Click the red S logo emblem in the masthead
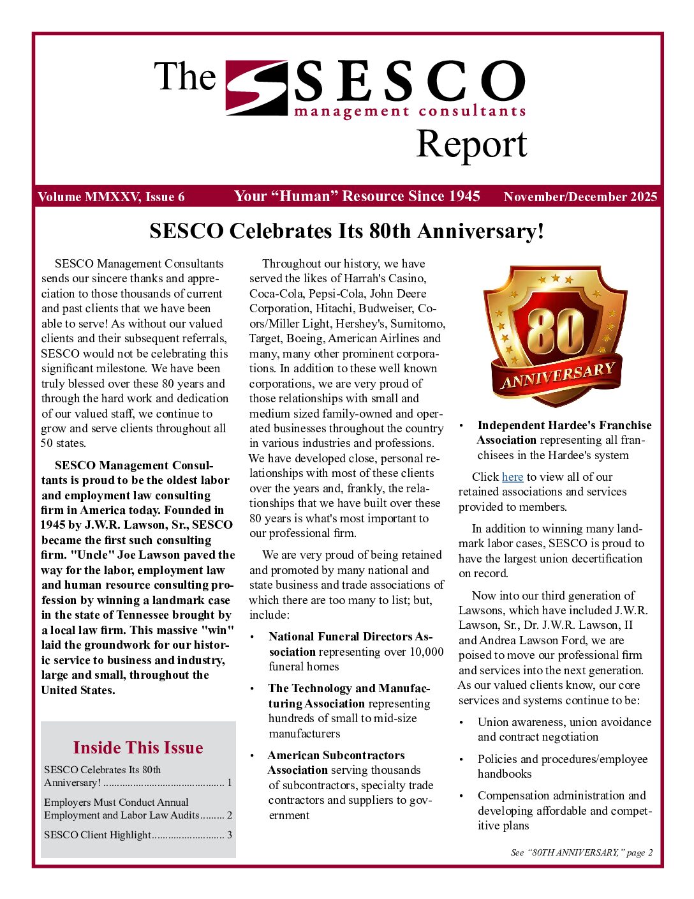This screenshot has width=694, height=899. (256, 87)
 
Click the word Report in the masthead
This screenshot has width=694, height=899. (471, 144)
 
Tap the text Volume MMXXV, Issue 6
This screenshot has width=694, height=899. (111, 197)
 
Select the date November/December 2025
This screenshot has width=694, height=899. (580, 197)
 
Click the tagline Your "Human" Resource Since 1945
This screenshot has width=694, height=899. (357, 196)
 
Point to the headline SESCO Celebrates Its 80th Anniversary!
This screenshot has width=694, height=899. (347, 230)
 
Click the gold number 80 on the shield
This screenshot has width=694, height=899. (555, 331)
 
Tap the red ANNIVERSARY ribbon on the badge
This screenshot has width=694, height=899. (557, 375)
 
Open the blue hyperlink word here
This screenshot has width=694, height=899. (512, 477)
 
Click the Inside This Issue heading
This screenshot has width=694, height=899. (138, 748)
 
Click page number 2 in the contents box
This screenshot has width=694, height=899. (230, 815)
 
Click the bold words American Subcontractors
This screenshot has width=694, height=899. (336, 755)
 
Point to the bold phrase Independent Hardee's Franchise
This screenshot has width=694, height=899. (564, 425)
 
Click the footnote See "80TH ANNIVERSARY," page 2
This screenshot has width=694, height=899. (581, 852)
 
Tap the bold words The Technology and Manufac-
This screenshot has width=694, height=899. (349, 688)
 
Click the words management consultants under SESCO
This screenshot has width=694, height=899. (410, 112)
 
